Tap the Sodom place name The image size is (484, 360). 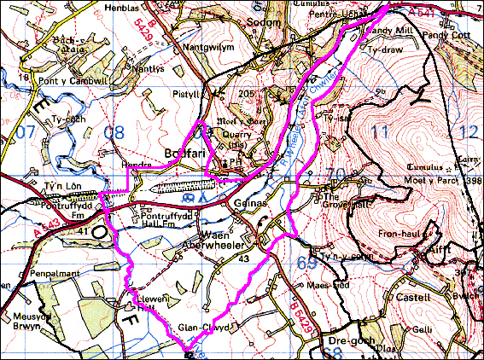[263, 21]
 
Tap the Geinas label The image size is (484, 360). [247, 206]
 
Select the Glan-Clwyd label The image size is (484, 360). [201, 327]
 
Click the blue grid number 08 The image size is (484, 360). [113, 132]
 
